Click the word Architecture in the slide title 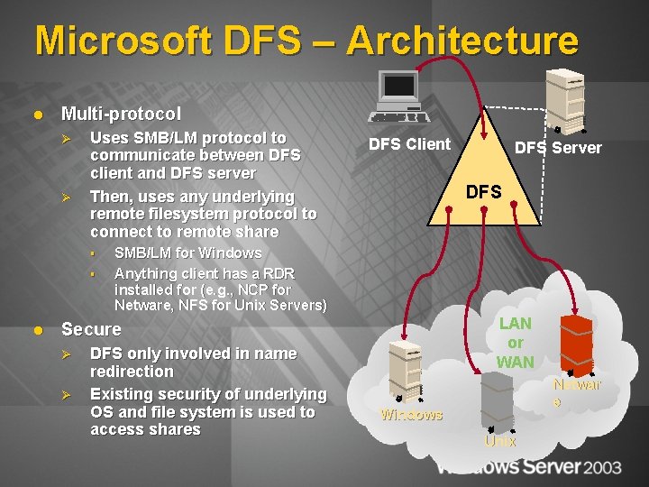click(x=462, y=41)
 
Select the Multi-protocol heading click(x=120, y=114)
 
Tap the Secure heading click(x=90, y=329)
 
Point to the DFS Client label click(x=409, y=143)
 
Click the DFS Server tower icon click(x=569, y=99)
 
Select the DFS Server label click(x=557, y=147)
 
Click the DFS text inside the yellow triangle click(x=483, y=191)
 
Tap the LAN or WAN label click(x=515, y=343)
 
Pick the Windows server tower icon click(x=406, y=370)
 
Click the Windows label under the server click(x=411, y=415)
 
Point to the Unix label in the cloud click(x=499, y=441)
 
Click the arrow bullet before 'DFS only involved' click(x=78, y=354)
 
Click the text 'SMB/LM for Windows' click(x=187, y=253)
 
